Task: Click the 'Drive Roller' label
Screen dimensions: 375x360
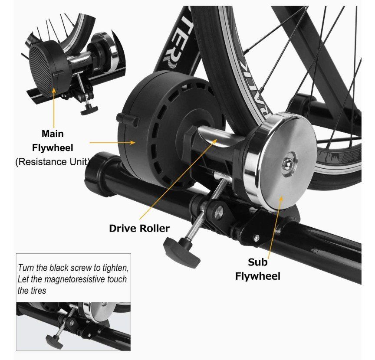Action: tap(139, 229)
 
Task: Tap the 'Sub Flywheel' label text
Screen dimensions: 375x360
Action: tap(257, 269)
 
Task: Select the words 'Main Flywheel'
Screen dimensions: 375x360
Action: tap(53, 141)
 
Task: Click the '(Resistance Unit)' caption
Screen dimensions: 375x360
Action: tap(53, 162)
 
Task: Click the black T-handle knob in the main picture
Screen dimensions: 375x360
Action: tap(181, 251)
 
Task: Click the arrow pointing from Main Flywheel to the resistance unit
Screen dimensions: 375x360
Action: tap(113, 142)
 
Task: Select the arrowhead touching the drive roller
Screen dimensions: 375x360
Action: tap(214, 141)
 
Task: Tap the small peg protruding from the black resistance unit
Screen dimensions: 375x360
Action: tap(128, 120)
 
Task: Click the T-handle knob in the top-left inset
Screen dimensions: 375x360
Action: tap(89, 110)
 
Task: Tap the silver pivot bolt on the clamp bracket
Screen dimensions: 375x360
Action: tap(219, 211)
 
